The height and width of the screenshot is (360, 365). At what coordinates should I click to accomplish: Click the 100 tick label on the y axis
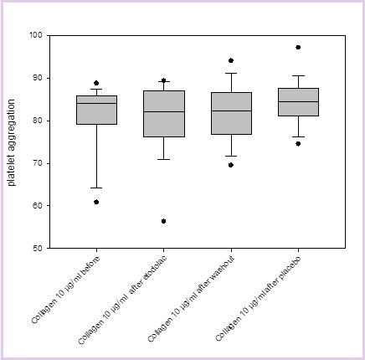[36, 35]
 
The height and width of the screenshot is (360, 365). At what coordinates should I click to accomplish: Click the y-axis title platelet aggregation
[13, 141]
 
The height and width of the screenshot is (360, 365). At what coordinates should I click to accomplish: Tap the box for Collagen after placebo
[298, 102]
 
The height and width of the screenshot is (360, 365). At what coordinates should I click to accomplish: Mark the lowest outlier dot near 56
[163, 221]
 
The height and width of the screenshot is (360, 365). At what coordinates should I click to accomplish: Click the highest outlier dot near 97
[298, 47]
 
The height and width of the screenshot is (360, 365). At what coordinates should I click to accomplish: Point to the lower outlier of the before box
[96, 202]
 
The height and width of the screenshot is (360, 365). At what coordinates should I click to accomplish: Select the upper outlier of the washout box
[231, 60]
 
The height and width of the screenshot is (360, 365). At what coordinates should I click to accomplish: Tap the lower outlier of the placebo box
[298, 143]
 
